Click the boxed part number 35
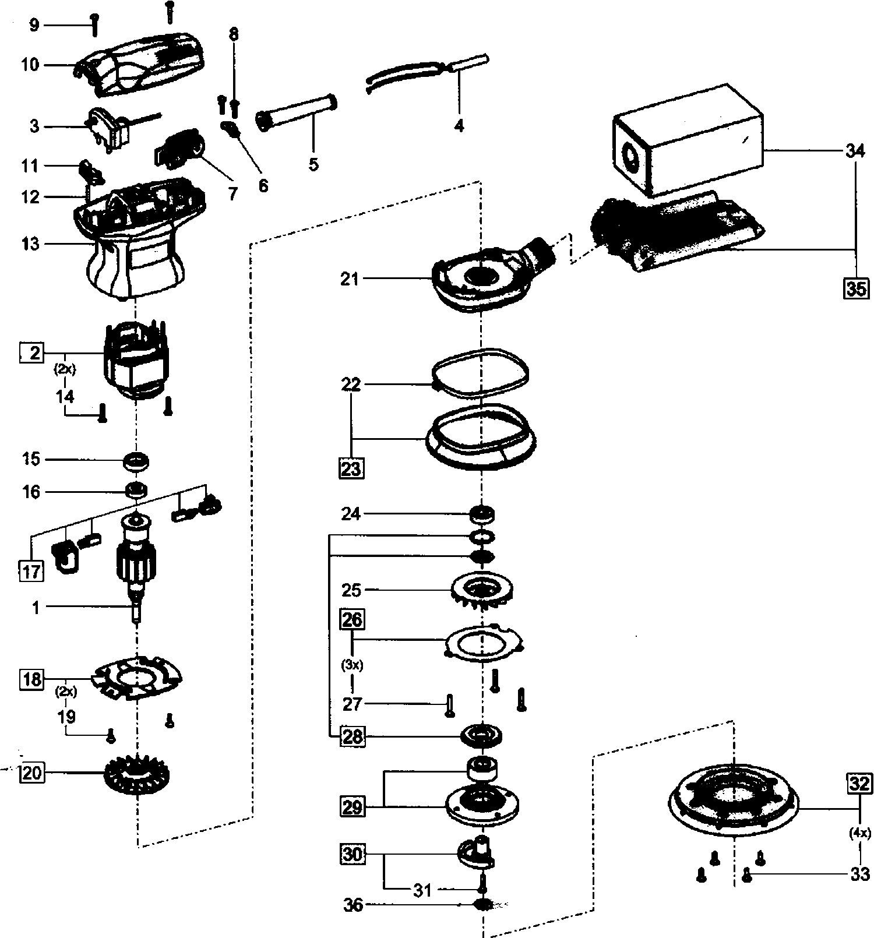click(x=856, y=288)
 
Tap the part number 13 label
click(x=30, y=244)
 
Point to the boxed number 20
click(x=32, y=773)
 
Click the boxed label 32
click(x=859, y=784)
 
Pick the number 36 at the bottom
click(x=353, y=905)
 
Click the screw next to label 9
click(x=95, y=24)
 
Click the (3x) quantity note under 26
click(x=352, y=665)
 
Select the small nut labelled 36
click(x=483, y=904)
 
